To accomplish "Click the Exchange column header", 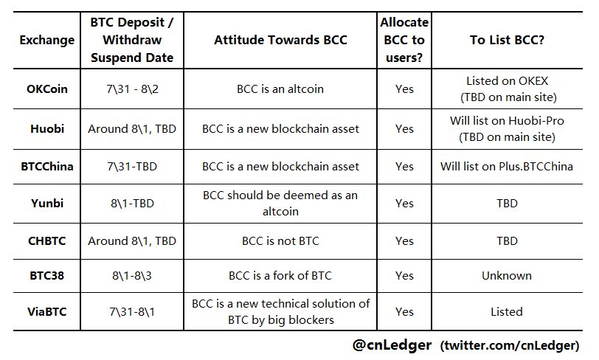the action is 47,40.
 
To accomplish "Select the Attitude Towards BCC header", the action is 280,40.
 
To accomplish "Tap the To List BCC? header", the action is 507,40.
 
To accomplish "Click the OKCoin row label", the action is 47,89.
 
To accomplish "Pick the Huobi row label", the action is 47,128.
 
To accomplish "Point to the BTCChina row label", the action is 47,167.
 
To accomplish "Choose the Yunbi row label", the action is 47,203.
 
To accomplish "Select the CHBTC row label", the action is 47,240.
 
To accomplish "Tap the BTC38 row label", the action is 47,276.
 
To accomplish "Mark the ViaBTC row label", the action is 47,312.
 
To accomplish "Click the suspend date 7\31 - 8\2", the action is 132,89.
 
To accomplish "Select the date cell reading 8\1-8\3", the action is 132,276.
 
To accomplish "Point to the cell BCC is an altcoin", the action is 280,89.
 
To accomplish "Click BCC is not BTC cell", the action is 280,240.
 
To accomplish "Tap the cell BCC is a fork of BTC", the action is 280,276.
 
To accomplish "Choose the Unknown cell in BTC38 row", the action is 507,276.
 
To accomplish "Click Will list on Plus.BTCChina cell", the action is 507,167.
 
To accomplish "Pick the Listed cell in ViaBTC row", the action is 507,312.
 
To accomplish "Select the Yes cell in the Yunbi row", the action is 404,203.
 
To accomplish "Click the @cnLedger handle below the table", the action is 392,345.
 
